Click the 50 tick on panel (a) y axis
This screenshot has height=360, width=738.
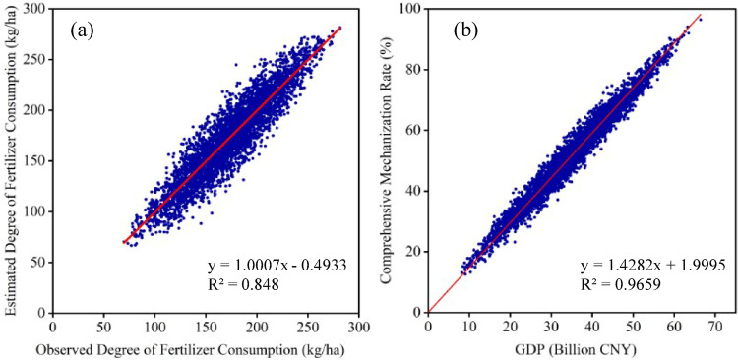pyautogui.click(x=39, y=262)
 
